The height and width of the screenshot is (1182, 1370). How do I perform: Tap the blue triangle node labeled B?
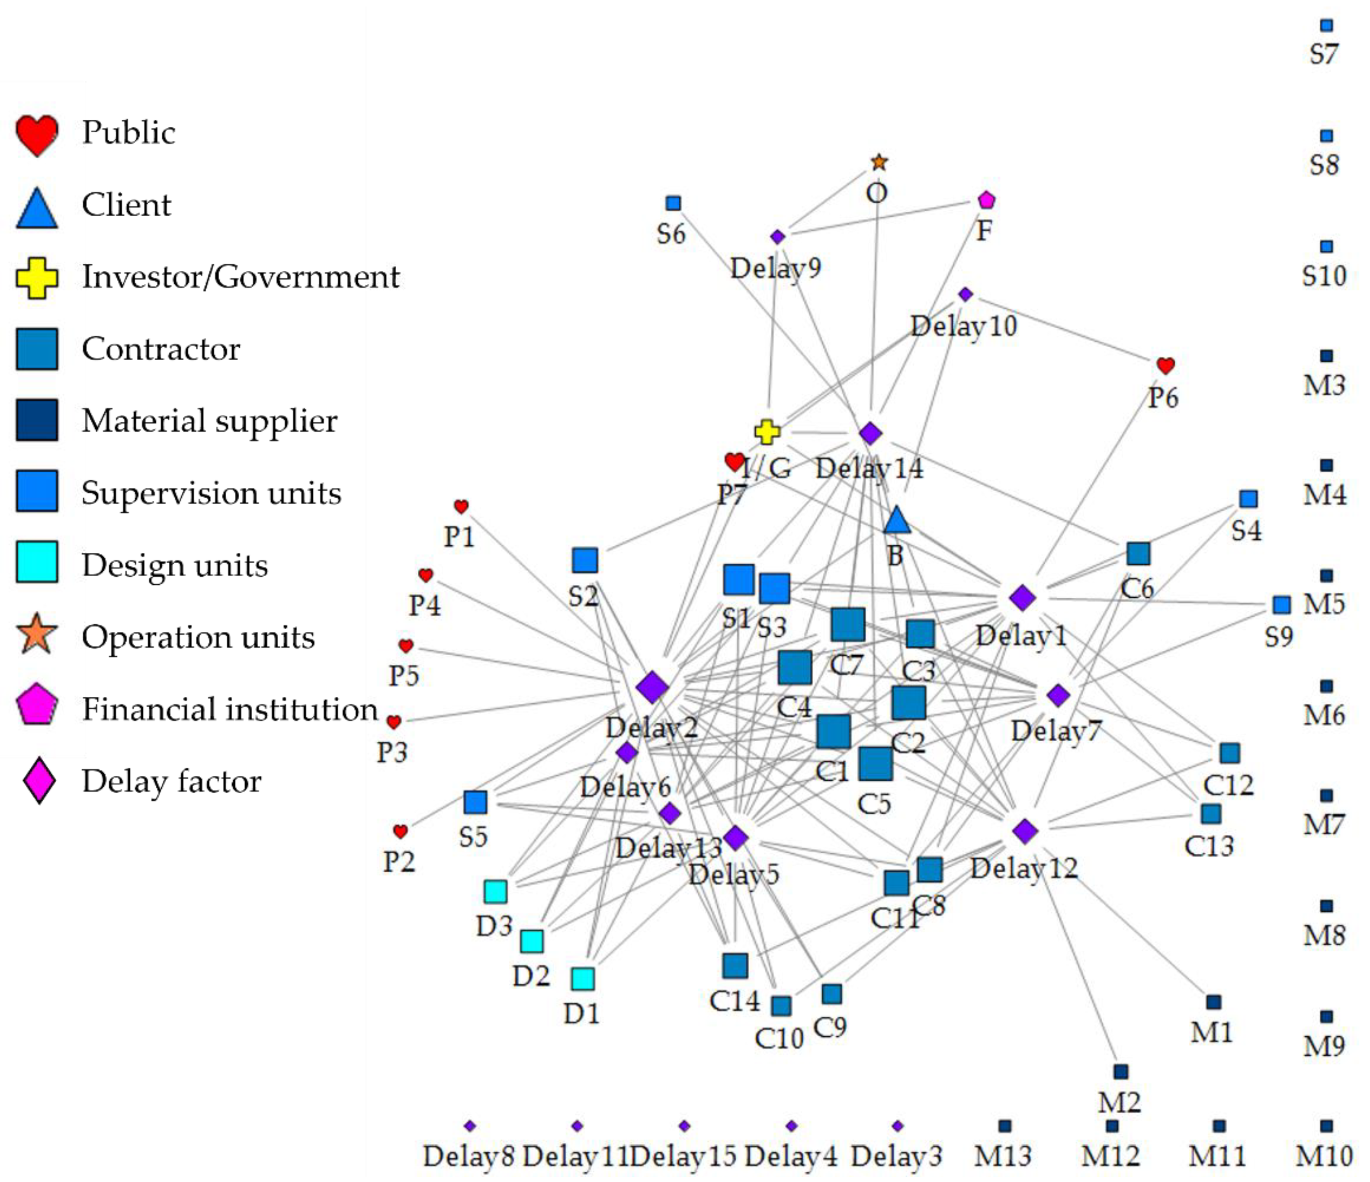click(x=897, y=521)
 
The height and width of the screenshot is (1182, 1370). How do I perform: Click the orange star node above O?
click(x=879, y=162)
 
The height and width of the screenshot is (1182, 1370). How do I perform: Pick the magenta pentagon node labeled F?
click(x=986, y=200)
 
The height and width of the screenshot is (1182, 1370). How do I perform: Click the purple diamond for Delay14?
click(x=871, y=434)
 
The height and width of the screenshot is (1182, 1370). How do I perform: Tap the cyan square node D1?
click(x=583, y=978)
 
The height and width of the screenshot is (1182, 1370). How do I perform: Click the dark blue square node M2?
click(x=1120, y=1071)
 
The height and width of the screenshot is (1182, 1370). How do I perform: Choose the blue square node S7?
click(x=1326, y=25)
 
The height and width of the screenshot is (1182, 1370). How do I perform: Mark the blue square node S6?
click(x=673, y=203)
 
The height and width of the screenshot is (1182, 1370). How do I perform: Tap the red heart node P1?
click(x=461, y=506)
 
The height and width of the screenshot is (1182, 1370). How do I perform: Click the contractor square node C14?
click(x=735, y=966)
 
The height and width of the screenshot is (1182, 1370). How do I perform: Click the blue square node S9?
click(x=1281, y=604)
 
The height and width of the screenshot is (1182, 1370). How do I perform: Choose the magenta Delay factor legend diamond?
click(x=39, y=781)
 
